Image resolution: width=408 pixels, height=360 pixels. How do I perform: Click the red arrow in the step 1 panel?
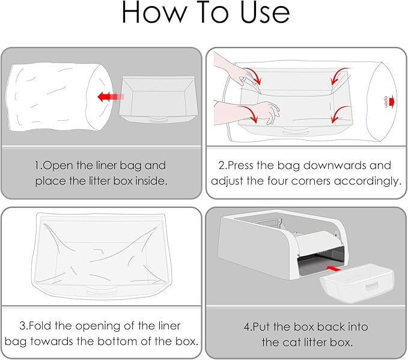(111, 97)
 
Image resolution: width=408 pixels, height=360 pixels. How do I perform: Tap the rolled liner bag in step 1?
(59, 97)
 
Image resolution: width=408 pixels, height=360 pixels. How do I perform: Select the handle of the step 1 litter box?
(159, 120)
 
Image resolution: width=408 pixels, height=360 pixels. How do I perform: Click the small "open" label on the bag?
(386, 102)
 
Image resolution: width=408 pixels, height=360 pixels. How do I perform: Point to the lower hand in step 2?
(247, 112)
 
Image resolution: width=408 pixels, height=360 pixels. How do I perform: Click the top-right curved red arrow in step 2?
(339, 76)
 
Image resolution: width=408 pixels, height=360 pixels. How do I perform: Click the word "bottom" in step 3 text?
(120, 341)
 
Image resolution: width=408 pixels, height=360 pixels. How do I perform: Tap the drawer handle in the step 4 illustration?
(371, 287)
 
